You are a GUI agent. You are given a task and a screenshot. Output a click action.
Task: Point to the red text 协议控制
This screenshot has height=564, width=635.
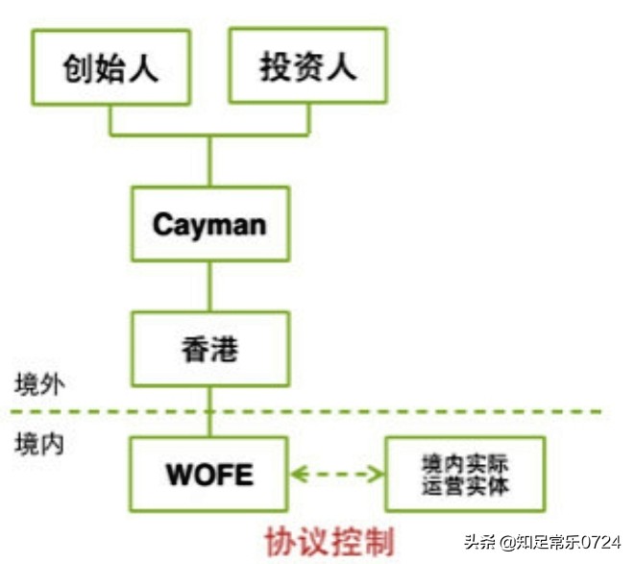(330, 542)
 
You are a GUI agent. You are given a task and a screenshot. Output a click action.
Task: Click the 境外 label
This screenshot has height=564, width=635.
(39, 384)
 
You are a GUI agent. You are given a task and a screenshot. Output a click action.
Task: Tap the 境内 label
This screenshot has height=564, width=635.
(39, 444)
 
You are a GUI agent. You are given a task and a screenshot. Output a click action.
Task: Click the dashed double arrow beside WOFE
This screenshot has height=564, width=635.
(337, 474)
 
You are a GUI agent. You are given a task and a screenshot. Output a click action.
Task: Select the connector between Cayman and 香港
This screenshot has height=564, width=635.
(209, 286)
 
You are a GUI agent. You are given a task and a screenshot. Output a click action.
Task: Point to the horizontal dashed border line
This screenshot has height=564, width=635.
(305, 411)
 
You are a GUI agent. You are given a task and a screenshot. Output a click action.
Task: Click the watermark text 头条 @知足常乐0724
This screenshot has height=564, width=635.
(543, 542)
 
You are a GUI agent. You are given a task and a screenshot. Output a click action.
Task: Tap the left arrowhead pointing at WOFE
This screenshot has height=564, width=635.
(299, 474)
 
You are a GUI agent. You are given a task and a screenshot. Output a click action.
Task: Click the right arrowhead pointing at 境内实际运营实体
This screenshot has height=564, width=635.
(376, 474)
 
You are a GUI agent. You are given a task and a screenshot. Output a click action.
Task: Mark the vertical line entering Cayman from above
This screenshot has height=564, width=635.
(209, 161)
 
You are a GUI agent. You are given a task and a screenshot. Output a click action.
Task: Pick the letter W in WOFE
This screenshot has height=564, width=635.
(181, 474)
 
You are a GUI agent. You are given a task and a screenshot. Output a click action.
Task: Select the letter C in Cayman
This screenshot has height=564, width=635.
(161, 224)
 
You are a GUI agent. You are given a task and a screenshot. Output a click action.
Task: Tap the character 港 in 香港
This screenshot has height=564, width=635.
(225, 350)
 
